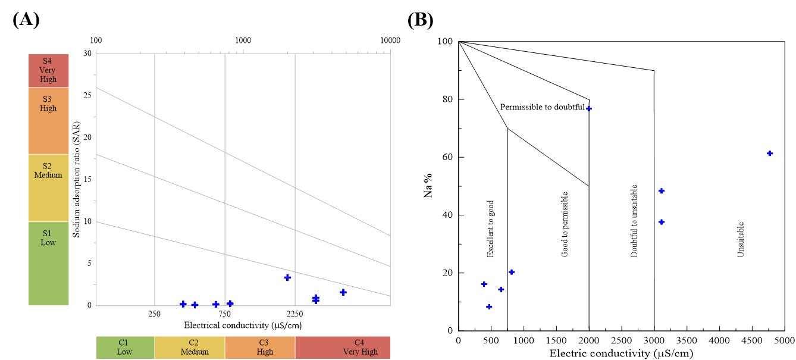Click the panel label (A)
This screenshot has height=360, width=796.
26,20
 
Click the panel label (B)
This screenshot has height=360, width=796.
421,20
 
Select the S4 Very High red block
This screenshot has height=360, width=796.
48,70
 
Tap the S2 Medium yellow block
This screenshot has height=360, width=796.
48,187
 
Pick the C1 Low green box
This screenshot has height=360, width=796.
125,347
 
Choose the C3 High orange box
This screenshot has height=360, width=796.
260,347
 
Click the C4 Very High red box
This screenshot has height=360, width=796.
343,347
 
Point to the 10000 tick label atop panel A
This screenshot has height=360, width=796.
390,40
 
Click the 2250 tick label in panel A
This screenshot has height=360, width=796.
295,314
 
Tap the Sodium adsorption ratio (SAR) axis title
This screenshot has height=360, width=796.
76,180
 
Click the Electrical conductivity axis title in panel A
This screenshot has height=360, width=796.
243,325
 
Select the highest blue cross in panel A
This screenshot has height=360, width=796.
287,277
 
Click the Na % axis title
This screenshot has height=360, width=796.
428,185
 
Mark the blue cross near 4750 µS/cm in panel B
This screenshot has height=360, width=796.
770,154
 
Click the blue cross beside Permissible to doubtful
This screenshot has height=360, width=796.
589,108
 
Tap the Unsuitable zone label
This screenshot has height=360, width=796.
740,240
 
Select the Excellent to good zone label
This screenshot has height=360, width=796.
490,228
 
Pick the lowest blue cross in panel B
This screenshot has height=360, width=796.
489,306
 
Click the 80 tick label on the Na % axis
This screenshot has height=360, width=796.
448,99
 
